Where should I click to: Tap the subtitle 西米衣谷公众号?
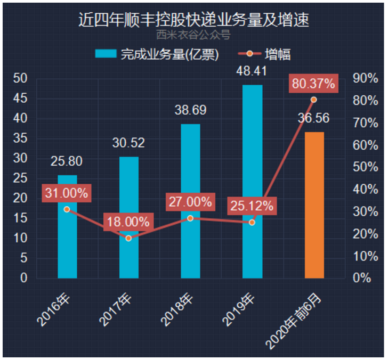pos(194,35)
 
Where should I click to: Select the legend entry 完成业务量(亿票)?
pos(157,54)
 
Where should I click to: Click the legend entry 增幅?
pos(270,54)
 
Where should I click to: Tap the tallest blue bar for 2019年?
pos(252,181)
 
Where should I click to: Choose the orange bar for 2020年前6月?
pos(314,205)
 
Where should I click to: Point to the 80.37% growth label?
pos(313,84)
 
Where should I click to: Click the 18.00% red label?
pos(128,222)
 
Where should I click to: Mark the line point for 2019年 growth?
pos(252,222)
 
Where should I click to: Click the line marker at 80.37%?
pos(313,100)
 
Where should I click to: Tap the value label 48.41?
pos(252,70)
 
